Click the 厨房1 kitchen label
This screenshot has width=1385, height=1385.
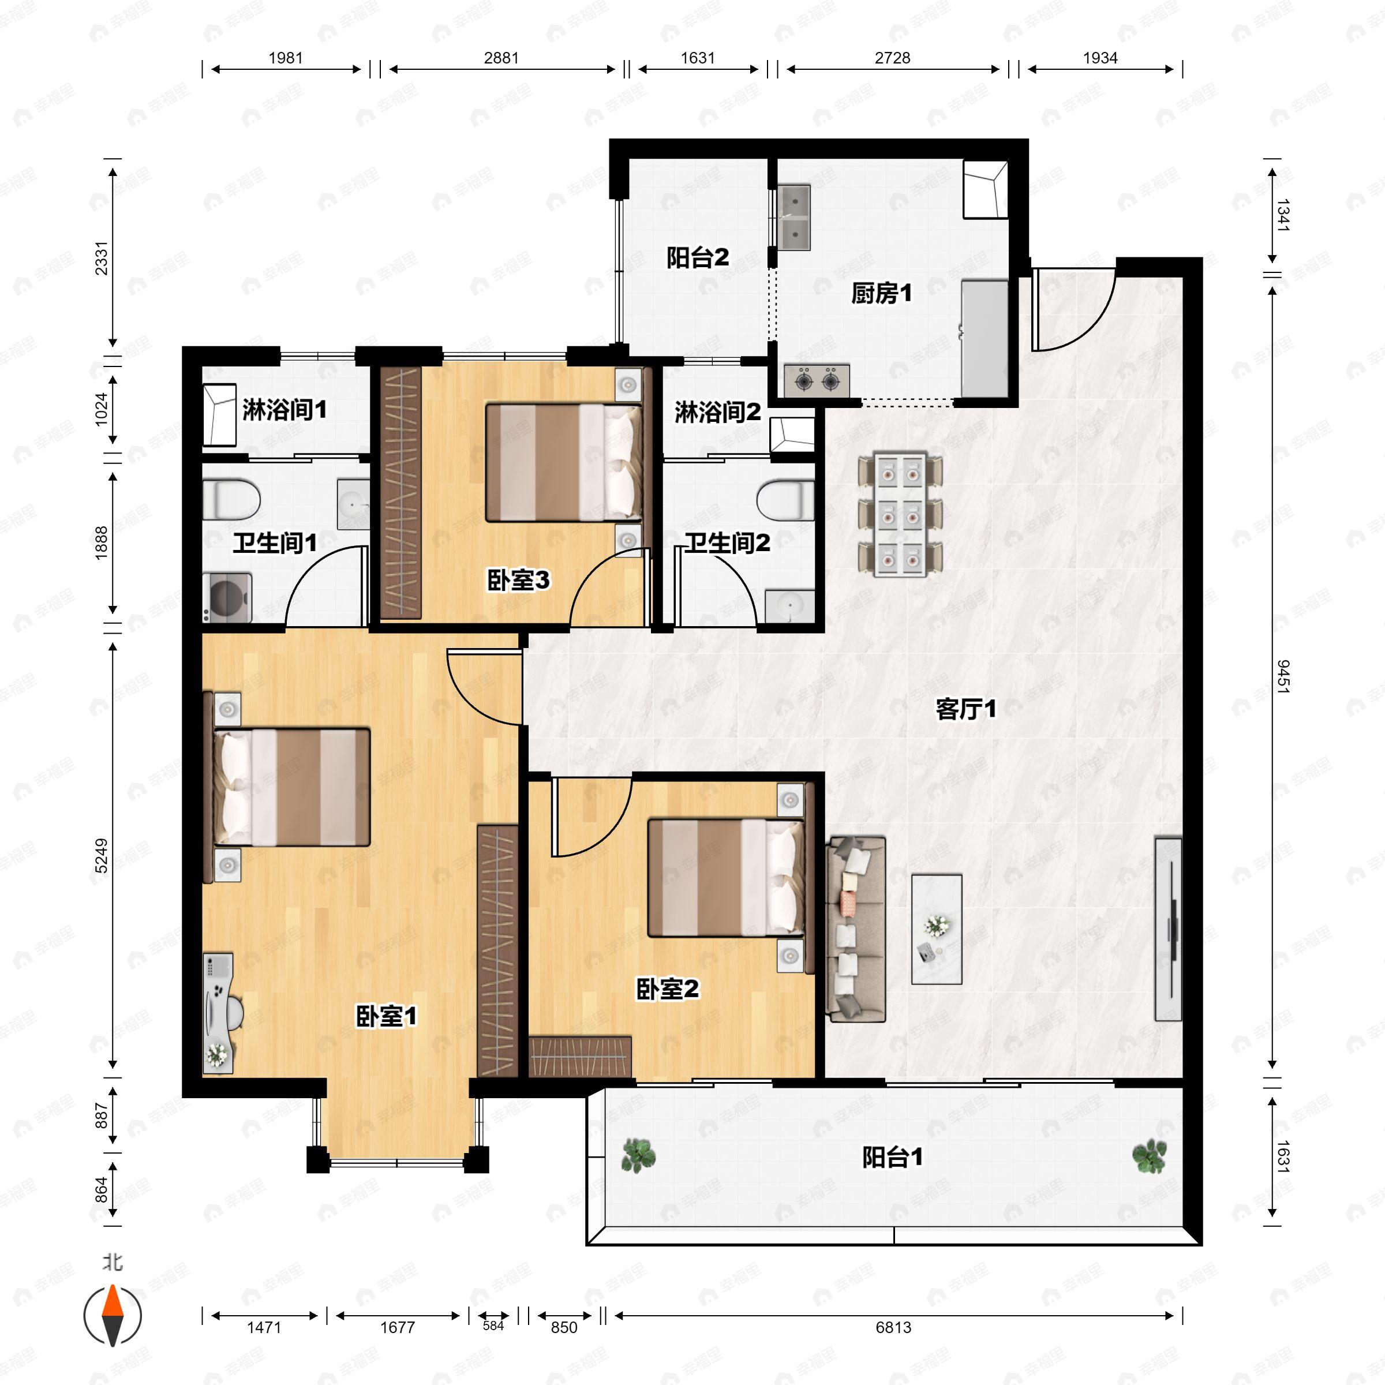881,293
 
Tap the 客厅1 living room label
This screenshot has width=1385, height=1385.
965,710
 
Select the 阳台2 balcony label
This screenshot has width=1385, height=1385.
698,257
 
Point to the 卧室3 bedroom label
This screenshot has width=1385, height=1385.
518,580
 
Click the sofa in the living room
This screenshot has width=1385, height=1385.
856,929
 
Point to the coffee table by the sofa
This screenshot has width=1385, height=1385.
936,929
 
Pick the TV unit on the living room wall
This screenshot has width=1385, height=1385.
1168,929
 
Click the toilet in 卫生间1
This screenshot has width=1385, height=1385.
231,499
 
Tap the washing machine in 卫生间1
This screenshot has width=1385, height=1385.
227,597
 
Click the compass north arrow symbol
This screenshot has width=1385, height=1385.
113,1316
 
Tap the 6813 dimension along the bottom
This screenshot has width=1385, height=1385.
893,1327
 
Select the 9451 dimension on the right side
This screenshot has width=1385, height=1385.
1282,677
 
